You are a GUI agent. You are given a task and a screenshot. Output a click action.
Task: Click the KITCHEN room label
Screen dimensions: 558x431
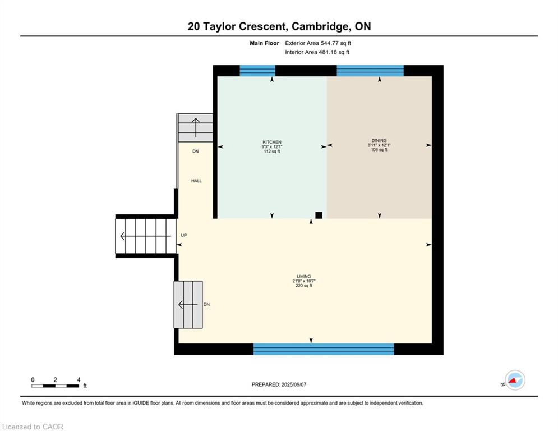point(272,142)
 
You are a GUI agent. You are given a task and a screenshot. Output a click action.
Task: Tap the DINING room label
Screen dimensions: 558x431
point(379,140)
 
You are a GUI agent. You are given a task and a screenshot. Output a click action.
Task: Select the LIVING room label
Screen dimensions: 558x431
point(304,277)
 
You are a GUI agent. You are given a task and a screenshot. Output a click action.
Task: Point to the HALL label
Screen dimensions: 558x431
point(196,181)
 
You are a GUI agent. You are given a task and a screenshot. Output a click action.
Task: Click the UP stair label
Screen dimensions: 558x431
point(183,235)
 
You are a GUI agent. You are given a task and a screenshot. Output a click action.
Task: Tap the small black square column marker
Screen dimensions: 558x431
point(319,215)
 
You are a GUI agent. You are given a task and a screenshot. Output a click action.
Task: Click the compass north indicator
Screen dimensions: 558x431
point(515,380)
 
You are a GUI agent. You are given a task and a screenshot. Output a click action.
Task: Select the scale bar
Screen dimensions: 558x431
point(55,386)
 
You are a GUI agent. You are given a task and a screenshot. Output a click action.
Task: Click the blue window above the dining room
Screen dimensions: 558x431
point(370,71)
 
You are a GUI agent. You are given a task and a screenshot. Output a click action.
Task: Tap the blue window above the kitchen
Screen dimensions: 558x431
point(257,71)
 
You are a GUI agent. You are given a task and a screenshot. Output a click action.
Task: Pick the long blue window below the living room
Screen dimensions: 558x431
point(324,349)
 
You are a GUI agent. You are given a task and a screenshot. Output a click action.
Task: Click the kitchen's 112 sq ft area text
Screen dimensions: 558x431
point(272,152)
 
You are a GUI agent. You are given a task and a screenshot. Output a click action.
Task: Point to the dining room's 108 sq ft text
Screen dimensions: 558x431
point(379,150)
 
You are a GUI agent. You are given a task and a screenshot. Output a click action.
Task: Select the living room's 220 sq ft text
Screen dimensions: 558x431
point(304,285)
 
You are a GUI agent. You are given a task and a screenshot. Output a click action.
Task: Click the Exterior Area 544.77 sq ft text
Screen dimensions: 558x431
point(318,43)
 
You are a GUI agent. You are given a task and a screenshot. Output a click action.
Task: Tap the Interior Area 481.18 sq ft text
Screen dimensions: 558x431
point(317,52)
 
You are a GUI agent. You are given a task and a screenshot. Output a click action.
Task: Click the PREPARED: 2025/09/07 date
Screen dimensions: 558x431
point(279,384)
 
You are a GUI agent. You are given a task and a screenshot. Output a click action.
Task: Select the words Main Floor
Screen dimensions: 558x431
point(264,43)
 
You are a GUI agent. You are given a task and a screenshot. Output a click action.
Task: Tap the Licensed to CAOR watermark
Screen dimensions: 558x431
point(33,427)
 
